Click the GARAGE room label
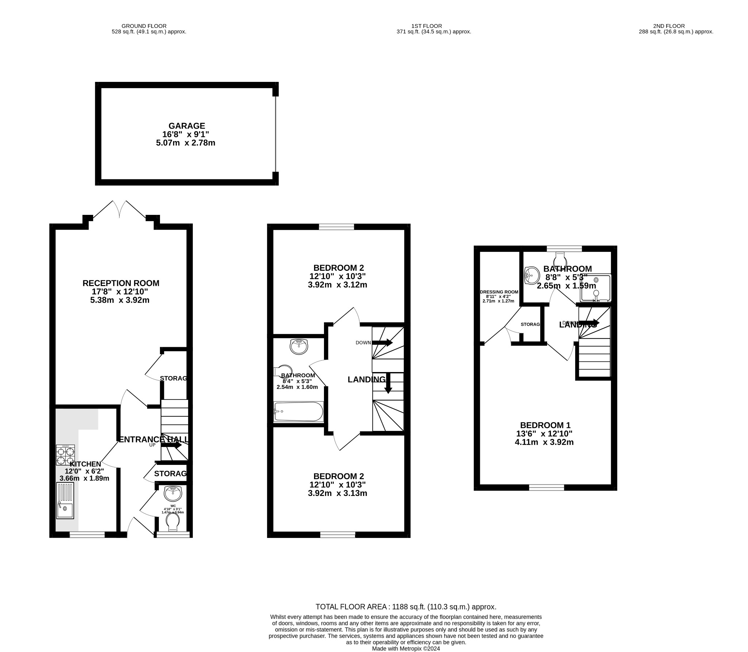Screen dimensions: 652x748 tap(187, 126)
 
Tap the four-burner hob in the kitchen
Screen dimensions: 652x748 tap(65, 455)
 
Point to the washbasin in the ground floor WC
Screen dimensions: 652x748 tap(173, 494)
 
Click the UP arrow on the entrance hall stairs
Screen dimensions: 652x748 tap(171, 445)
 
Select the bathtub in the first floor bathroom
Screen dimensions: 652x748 tap(298, 412)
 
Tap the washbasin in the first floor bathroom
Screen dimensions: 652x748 tap(299, 346)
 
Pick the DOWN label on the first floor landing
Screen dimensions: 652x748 tap(363, 342)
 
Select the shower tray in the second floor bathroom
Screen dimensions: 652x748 tap(595, 288)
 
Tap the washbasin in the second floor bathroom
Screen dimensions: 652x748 tap(532, 275)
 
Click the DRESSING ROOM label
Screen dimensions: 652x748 tap(499, 292)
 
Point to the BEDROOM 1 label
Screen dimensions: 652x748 tap(545, 425)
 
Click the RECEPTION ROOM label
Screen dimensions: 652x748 tap(121, 283)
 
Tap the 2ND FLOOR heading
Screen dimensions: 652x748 tap(669, 26)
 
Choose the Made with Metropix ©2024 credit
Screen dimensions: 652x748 tap(406, 648)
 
